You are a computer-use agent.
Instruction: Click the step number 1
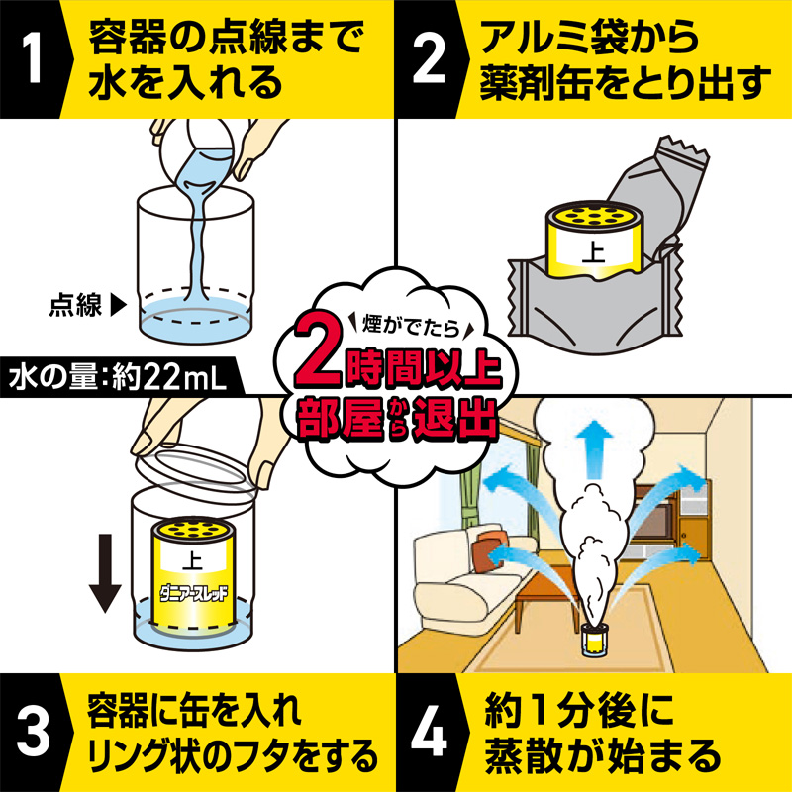click(33, 59)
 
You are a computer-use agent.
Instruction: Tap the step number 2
click(429, 59)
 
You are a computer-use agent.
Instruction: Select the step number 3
click(33, 732)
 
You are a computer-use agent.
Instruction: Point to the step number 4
click(429, 732)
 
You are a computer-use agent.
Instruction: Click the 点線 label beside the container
click(76, 305)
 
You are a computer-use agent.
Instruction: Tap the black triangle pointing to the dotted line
click(118, 305)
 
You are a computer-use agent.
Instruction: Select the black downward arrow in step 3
click(105, 573)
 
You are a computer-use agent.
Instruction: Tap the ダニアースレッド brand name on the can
click(193, 592)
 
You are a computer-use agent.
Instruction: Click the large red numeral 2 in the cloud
click(320, 352)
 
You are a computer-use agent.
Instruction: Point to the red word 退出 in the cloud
click(454, 419)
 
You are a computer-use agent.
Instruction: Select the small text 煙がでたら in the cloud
click(411, 325)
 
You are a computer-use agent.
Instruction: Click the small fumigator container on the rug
click(596, 640)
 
